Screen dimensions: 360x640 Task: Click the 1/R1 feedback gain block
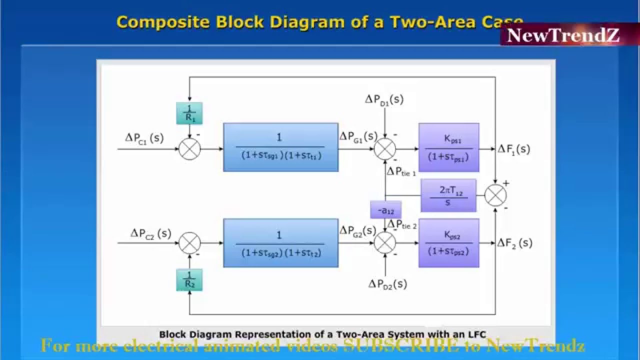point(189,113)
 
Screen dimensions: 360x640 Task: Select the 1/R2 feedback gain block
point(189,279)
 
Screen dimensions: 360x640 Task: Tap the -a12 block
point(385,210)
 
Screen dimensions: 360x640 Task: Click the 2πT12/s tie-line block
point(448,195)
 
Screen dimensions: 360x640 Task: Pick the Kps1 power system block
point(448,147)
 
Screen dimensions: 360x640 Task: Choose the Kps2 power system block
point(448,243)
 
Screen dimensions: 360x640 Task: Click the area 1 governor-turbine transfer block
point(280,147)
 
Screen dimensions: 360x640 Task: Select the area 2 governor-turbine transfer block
point(280,243)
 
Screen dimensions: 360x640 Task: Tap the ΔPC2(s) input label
point(150,233)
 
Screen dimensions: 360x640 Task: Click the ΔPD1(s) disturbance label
point(384,99)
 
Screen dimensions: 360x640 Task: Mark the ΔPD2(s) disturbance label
point(387,284)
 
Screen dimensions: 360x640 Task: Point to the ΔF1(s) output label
point(513,148)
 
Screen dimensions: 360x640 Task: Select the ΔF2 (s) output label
point(514,243)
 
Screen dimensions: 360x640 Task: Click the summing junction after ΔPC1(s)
point(190,148)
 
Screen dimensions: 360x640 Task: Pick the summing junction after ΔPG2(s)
point(385,243)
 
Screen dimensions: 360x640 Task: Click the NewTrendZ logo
point(563,35)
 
